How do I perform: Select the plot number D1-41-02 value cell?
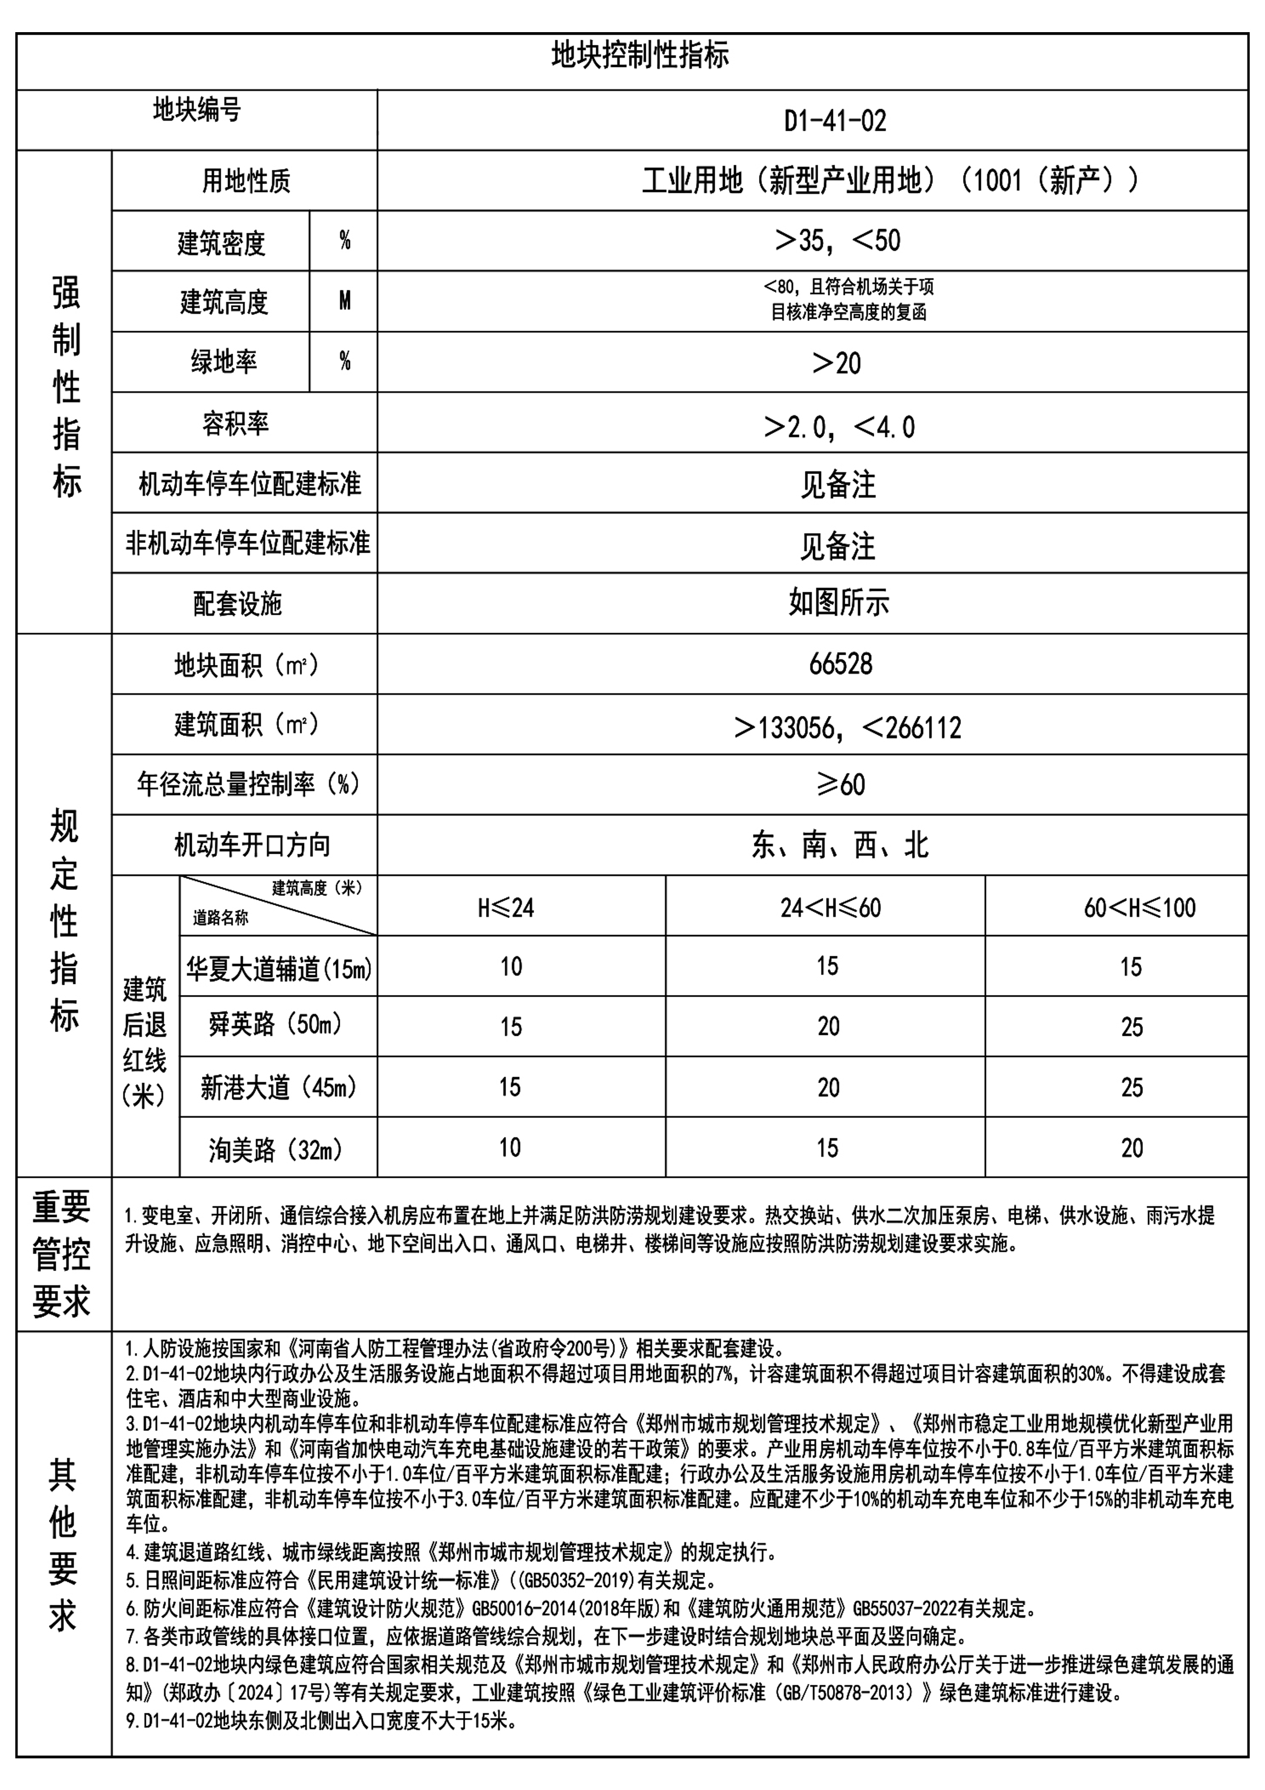coord(835,121)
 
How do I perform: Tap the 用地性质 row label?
coord(245,181)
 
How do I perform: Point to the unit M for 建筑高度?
coord(344,301)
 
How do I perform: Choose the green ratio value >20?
coord(837,362)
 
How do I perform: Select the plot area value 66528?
coord(840,664)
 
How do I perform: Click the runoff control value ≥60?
coord(840,784)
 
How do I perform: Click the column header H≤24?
coord(506,907)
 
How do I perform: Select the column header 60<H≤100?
coord(1138,907)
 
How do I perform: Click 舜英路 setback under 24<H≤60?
coord(828,1027)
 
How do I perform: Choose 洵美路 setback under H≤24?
coord(510,1148)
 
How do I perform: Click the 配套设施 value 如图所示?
coord(839,603)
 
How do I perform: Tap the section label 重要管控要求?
coord(62,1254)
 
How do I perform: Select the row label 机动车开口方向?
coord(252,845)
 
